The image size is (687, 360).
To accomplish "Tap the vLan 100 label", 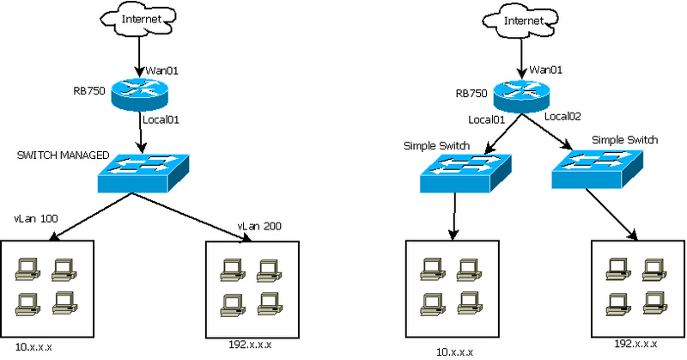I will coord(36,219).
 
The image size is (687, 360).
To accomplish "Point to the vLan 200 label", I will coord(260,226).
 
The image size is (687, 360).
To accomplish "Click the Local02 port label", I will coord(564,116).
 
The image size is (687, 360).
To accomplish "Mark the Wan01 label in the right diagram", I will coord(548,69).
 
